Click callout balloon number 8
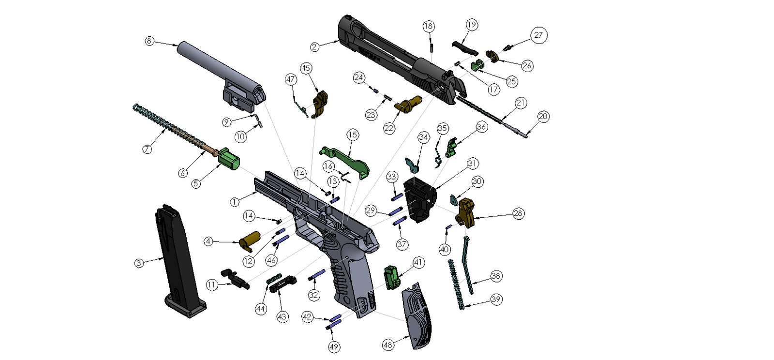point(149,41)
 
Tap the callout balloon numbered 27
point(539,35)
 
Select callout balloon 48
point(388,345)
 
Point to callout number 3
point(139,263)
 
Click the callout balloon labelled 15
point(353,135)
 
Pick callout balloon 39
point(496,299)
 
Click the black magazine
point(179,261)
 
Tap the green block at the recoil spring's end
point(229,159)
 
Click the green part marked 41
point(391,277)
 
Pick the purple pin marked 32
point(317,275)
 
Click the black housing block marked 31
point(420,199)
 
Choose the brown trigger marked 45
point(320,104)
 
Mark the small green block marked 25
point(478,65)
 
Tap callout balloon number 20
point(543,117)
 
